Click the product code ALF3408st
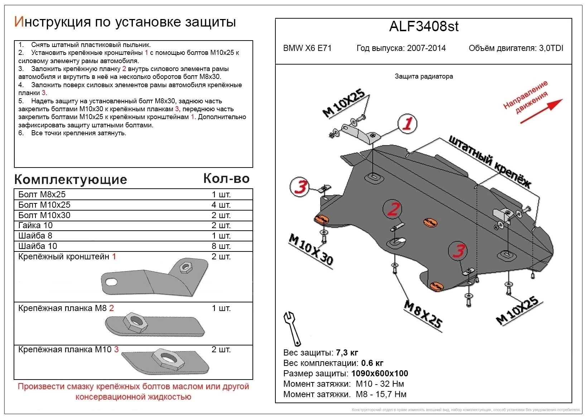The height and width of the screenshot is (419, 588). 424,27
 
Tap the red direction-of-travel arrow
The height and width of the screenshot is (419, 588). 541,111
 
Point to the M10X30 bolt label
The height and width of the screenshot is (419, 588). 311,250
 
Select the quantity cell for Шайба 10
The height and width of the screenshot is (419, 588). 221,246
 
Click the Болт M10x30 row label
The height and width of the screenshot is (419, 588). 44,215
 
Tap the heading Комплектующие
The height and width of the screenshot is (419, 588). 71,179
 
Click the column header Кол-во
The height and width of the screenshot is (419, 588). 226,178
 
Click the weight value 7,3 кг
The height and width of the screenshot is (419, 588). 347,353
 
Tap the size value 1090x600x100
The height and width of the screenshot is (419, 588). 380,373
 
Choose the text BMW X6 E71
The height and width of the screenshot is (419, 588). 307,48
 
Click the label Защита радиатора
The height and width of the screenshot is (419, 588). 424,76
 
